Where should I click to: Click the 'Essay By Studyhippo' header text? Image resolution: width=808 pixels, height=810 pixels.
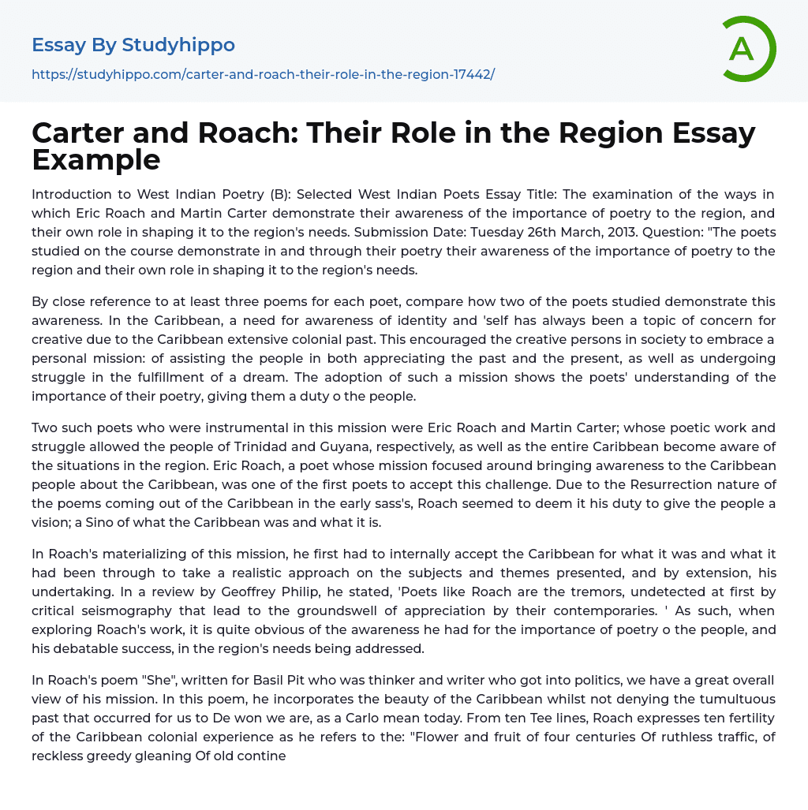click(x=133, y=45)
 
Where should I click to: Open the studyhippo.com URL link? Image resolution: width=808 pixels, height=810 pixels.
click(x=263, y=74)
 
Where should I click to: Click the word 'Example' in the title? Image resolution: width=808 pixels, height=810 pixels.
click(x=96, y=159)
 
